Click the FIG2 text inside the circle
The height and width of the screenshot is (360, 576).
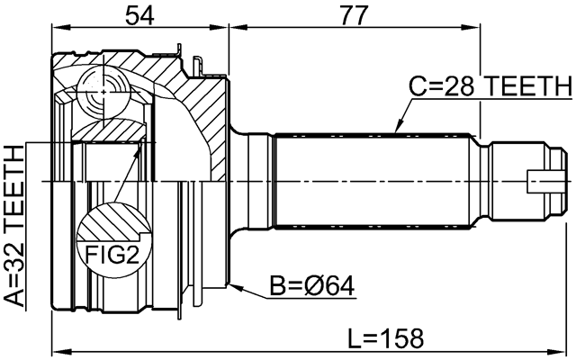(x=112, y=255)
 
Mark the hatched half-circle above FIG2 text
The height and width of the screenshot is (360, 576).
(x=112, y=223)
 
